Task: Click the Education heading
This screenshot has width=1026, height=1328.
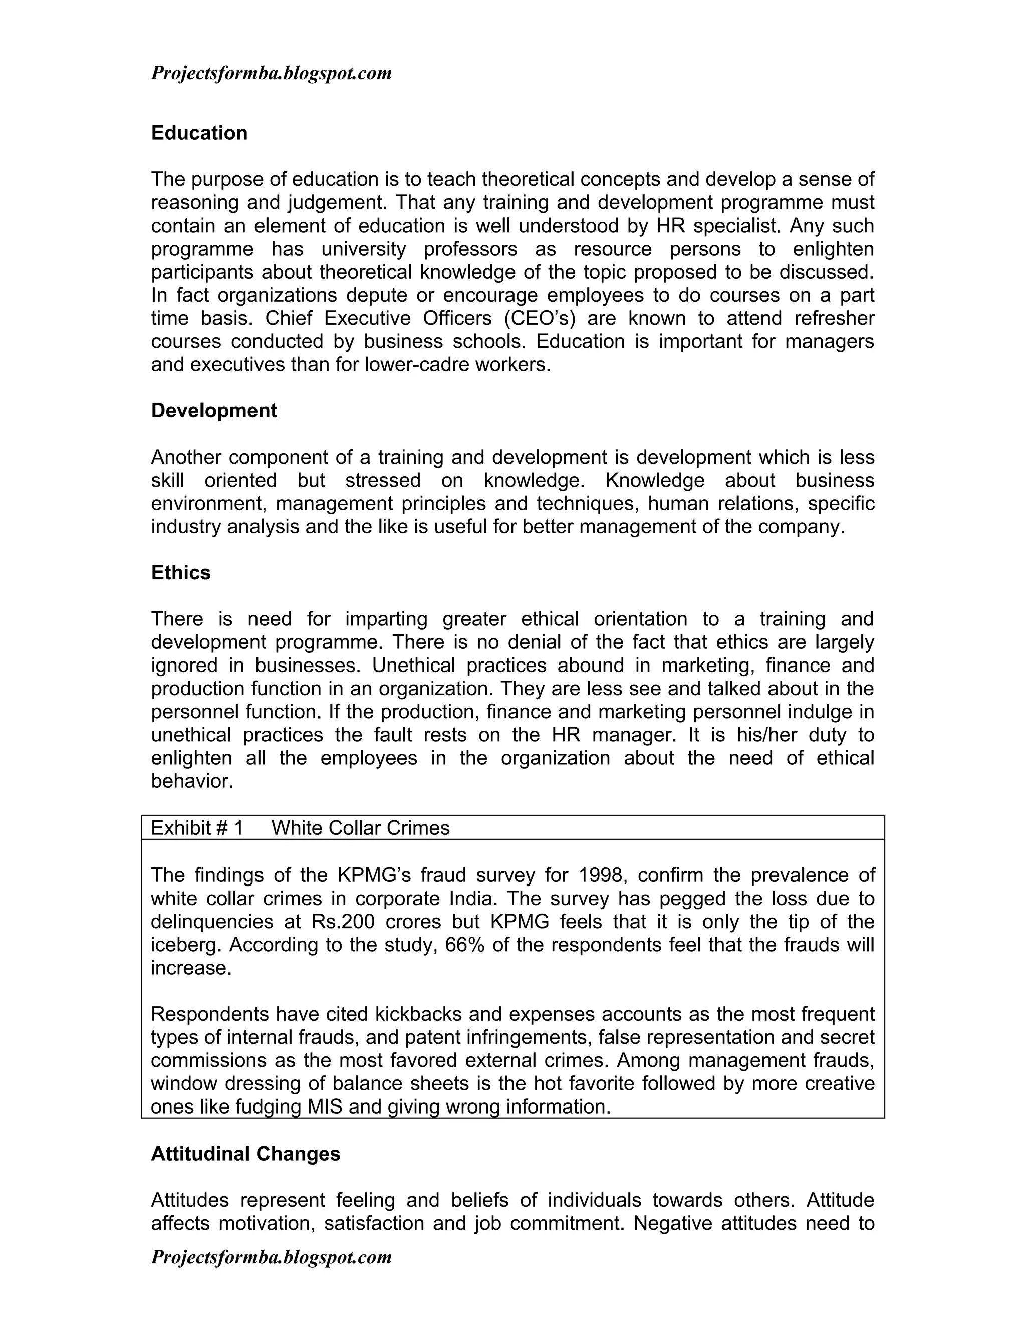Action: [x=199, y=133]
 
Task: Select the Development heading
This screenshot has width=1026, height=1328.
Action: [x=213, y=411]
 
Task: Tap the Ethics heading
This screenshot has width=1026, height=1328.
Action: [x=180, y=573]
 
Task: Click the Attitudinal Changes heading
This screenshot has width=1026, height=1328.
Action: [x=245, y=1154]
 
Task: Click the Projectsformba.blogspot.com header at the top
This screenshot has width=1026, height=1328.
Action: [x=271, y=74]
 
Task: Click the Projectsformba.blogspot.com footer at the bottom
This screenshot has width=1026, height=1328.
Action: [x=271, y=1257]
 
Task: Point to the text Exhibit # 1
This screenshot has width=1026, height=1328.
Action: [x=196, y=828]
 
